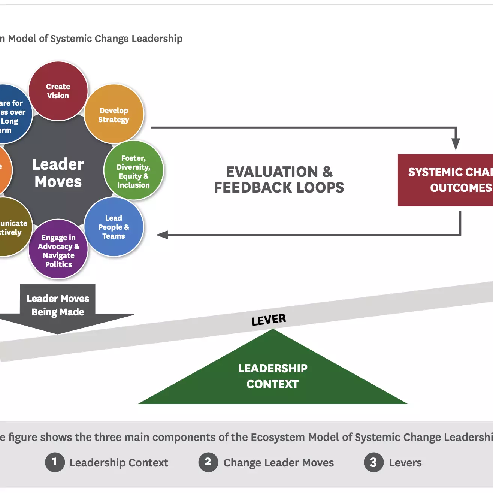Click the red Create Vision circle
click(58, 91)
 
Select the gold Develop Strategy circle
click(114, 115)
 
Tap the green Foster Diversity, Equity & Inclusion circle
click(133, 171)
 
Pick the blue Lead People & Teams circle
click(114, 227)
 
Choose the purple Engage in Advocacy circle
click(58, 250)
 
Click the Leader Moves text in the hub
click(58, 173)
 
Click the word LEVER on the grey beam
click(269, 320)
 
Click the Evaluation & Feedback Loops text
click(279, 179)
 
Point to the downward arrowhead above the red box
click(456, 144)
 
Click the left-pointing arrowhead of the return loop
click(162, 235)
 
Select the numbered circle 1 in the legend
click(55, 462)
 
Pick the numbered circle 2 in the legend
click(208, 462)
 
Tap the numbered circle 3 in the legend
click(373, 462)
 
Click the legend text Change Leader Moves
click(279, 463)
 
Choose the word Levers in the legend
click(405, 463)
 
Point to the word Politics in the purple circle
click(58, 264)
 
